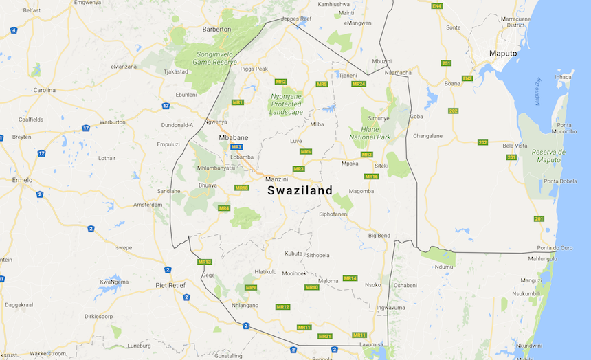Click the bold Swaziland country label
tap(300, 190)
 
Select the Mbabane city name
tap(233, 137)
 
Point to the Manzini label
tap(276, 179)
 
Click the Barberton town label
tap(216, 30)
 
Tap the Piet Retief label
tap(171, 284)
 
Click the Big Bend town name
tap(379, 236)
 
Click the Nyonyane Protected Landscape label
tap(286, 104)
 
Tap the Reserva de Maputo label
tap(548, 156)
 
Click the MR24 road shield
tap(359, 84)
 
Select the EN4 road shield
tap(436, 6)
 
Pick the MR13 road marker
tap(205, 262)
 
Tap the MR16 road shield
tap(371, 177)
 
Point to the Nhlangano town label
tap(245, 305)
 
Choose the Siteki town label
tap(381, 166)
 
